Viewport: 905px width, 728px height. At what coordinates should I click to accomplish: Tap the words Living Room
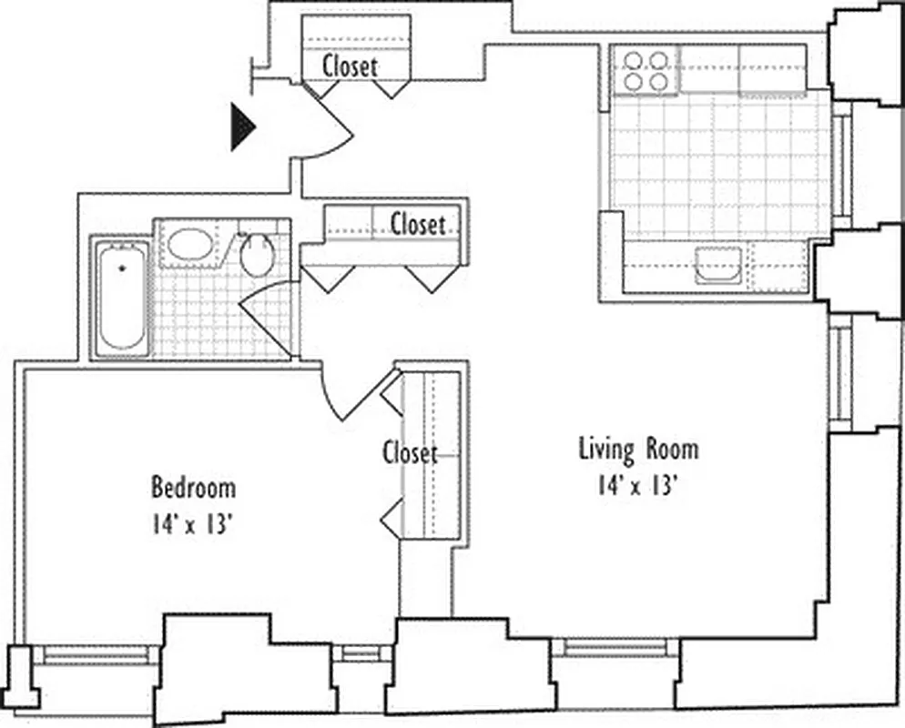tap(639, 449)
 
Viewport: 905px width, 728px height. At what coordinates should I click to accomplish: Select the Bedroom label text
tap(193, 488)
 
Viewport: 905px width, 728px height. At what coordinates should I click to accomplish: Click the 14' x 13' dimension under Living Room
tap(639, 486)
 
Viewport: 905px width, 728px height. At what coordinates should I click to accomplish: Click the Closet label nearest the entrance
tap(350, 66)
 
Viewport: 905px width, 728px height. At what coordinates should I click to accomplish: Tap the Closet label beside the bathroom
tap(418, 224)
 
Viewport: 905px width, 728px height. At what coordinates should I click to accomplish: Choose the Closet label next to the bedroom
tap(410, 453)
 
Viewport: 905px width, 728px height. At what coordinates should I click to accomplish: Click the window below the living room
tap(614, 648)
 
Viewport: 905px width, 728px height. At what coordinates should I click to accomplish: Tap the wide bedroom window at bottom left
tap(96, 654)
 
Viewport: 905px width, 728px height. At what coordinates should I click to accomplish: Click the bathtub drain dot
tap(123, 269)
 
